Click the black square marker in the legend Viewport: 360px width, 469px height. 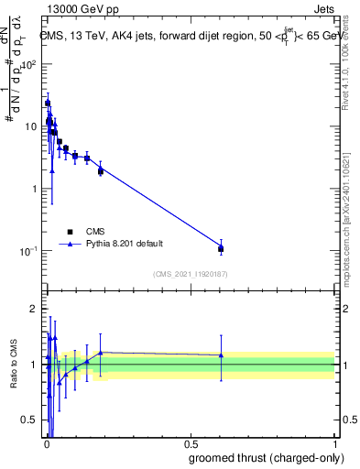point(69,232)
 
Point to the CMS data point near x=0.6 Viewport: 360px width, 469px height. point(221,248)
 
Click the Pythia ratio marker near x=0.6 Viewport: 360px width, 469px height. point(221,355)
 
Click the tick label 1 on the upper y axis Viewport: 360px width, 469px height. point(35,189)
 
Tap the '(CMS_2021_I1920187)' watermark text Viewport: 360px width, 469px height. point(190,274)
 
